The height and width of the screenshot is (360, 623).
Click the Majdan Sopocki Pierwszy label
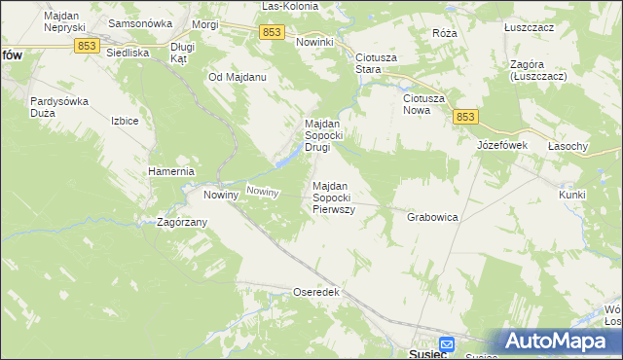[333, 198]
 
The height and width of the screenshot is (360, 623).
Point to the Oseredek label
[315, 292]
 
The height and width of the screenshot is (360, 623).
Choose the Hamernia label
[171, 171]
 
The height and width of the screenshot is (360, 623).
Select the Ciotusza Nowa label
[424, 104]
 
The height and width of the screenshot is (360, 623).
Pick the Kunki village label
[571, 195]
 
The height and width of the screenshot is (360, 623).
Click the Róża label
[445, 32]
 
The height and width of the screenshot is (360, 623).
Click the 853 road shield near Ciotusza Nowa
[465, 117]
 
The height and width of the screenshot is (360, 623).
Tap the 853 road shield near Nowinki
[273, 33]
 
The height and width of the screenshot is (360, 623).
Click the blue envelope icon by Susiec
[446, 343]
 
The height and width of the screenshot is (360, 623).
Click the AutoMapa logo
[559, 342]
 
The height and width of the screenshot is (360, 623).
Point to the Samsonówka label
[140, 22]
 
